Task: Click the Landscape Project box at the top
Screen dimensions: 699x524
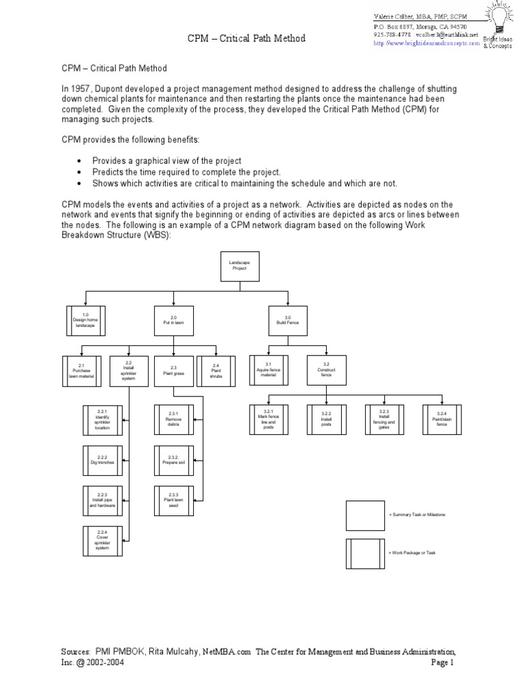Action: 238,266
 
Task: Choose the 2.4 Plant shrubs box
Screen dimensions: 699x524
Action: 216,371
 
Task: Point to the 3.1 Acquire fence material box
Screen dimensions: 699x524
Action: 268,371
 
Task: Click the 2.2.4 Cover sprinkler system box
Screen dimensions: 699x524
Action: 102,541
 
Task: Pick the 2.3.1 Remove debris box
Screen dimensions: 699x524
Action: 173,420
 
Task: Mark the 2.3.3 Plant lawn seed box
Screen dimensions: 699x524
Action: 173,500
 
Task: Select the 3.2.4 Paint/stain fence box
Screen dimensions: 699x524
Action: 441,419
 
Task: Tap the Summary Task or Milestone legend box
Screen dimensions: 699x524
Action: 365,515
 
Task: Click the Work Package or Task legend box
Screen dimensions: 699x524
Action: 365,553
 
